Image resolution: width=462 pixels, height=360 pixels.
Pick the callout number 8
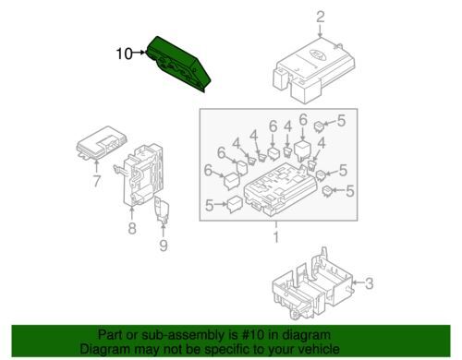tap(132, 228)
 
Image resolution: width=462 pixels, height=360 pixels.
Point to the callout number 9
tap(164, 246)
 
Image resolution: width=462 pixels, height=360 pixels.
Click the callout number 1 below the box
tap(274, 239)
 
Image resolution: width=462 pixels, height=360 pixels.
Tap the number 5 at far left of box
tap(210, 206)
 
